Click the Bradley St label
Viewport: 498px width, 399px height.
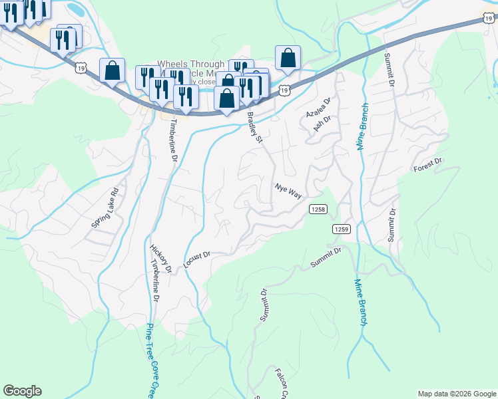[256, 127]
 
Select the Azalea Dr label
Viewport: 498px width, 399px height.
[318, 108]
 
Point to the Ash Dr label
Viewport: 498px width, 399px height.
[322, 124]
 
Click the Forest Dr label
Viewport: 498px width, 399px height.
[427, 164]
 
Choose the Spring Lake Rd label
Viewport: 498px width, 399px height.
[105, 207]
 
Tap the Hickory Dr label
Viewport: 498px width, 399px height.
[161, 258]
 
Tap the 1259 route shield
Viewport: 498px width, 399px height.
[342, 229]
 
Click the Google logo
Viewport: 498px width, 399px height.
[22, 391]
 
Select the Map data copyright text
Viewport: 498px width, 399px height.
[456, 394]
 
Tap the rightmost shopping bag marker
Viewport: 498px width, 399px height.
[288, 59]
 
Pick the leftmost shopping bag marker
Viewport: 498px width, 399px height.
[113, 70]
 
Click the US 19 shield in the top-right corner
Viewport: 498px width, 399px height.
[490, 20]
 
